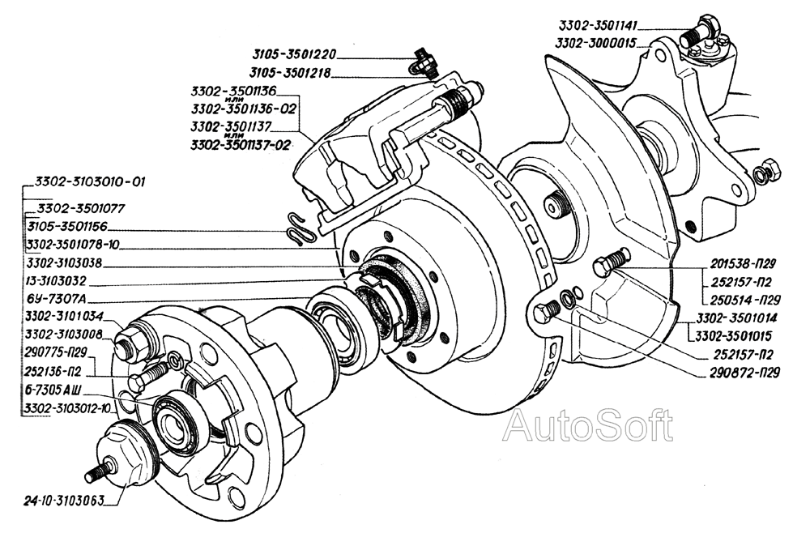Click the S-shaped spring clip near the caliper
(301, 230)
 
